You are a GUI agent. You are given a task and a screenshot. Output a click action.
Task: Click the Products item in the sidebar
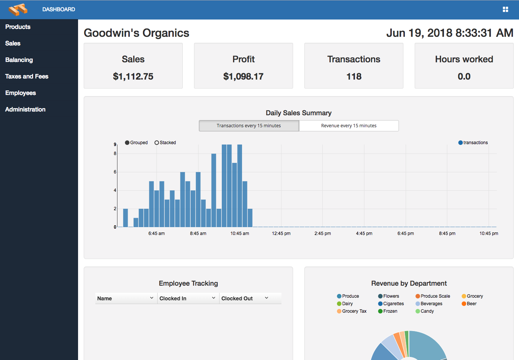pos(18,27)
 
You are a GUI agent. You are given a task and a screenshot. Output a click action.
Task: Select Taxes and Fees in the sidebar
pos(27,77)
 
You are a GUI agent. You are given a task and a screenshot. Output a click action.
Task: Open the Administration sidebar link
pos(25,110)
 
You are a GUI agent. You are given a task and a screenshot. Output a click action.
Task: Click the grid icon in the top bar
pos(505,9)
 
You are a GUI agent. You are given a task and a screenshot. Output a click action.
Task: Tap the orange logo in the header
pos(18,9)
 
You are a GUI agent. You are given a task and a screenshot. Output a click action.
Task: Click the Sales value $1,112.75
pos(133,77)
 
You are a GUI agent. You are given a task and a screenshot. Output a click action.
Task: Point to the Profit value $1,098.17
pos(243,77)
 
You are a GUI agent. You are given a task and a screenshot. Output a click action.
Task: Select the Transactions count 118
pos(354,77)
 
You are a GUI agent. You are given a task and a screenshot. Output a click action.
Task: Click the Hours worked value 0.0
pos(464,77)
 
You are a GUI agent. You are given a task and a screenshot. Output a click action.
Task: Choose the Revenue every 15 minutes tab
pos(349,126)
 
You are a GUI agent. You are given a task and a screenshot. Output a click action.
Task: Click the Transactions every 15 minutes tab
pos(249,126)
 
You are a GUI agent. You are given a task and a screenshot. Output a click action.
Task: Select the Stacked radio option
pos(157,143)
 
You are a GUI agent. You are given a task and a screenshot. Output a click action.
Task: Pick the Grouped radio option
pos(128,143)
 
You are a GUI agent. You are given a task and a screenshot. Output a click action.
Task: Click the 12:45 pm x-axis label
pos(281,233)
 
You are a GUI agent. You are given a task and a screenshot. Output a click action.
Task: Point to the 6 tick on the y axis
pos(115,172)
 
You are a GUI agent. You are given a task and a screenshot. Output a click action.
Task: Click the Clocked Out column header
pos(237,298)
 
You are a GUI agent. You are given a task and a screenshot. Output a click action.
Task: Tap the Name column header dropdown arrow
pos(152,298)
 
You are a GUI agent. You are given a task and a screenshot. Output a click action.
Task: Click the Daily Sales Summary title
pos(298,113)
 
